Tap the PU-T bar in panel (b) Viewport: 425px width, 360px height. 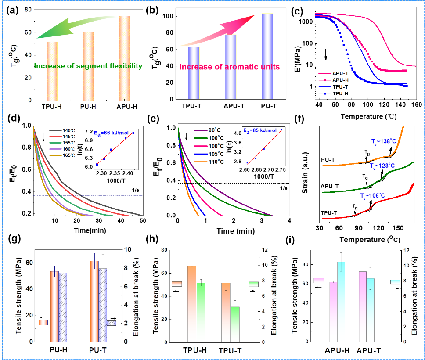click(x=267, y=57)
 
